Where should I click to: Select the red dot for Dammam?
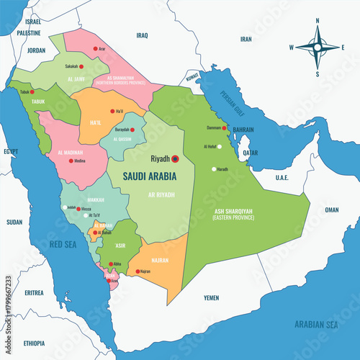click(225, 128)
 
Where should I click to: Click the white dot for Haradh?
click(213, 169)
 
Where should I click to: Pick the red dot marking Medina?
click(71, 161)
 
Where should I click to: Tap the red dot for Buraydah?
click(132, 130)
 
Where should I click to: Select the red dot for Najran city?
click(137, 271)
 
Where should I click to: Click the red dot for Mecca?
click(78, 209)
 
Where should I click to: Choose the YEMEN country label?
click(211, 297)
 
